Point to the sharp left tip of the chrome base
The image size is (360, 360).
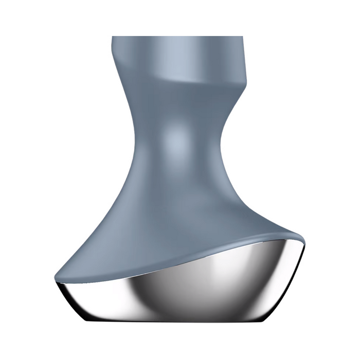click(x=55, y=282)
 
